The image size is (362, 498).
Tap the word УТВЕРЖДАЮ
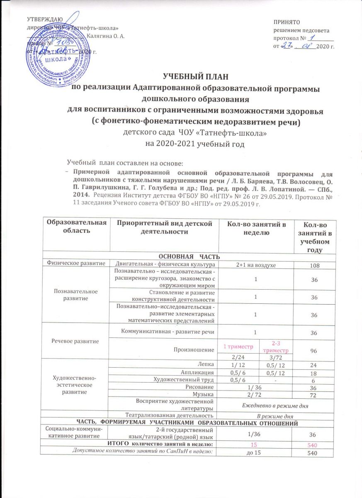[45, 19]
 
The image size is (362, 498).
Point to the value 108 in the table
[314, 264]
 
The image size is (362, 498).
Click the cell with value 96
[314, 350]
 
